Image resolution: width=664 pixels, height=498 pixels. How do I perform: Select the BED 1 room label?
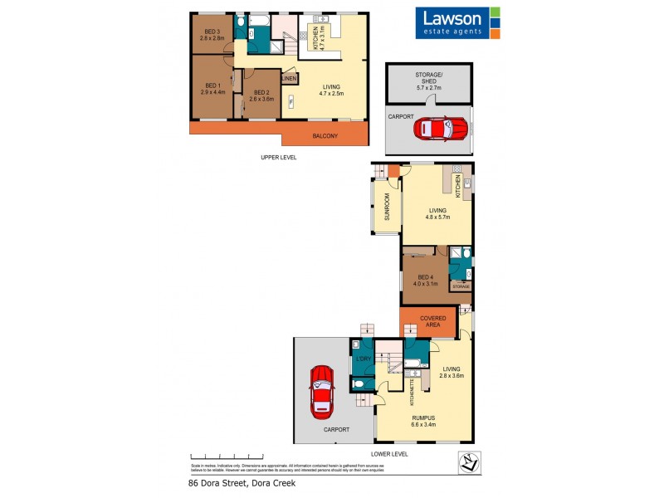click(212, 89)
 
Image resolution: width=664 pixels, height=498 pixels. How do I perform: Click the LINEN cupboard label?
click(289, 79)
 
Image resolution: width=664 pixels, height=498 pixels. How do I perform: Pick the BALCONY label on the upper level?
click(325, 136)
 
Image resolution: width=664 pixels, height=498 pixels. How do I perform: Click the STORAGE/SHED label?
click(429, 81)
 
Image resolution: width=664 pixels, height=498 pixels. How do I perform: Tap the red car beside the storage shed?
click(441, 129)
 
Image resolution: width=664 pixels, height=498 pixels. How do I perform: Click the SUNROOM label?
click(386, 207)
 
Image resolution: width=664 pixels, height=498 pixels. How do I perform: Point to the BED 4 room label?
click(424, 281)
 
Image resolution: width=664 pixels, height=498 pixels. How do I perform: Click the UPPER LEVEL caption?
click(278, 157)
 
